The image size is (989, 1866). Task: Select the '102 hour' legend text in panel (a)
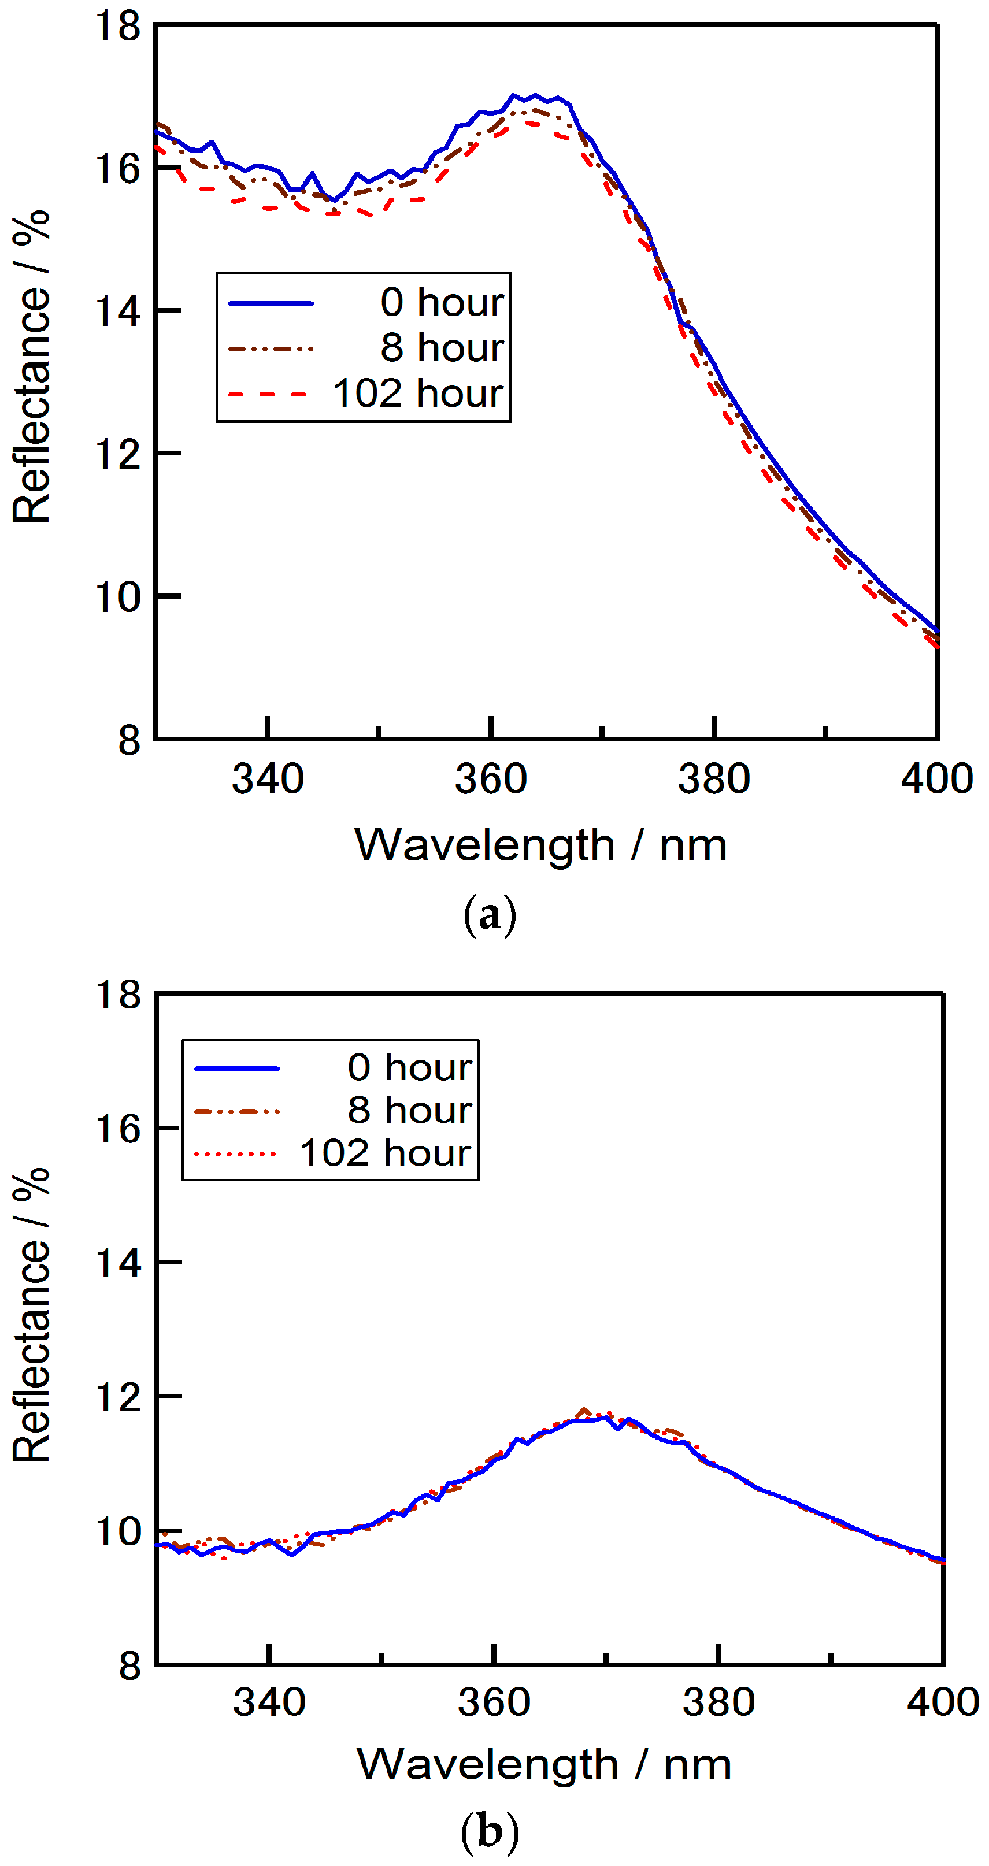click(417, 394)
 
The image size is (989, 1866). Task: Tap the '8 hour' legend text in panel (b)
click(409, 1111)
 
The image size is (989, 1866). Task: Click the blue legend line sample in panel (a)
click(271, 303)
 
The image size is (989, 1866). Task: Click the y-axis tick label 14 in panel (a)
click(117, 311)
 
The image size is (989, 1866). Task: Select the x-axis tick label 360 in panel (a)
click(491, 780)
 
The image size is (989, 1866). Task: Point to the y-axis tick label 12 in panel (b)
click(117, 1397)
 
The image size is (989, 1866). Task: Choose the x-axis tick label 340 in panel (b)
click(269, 1701)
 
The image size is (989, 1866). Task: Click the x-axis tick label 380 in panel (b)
click(718, 1701)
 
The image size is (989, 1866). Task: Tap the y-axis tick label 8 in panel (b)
click(129, 1665)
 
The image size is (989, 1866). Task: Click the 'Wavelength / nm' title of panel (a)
click(540, 845)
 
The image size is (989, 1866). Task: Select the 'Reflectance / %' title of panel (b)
click(31, 1315)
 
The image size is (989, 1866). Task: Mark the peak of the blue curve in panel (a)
click(535, 95)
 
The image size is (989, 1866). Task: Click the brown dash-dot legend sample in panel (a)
click(271, 348)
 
